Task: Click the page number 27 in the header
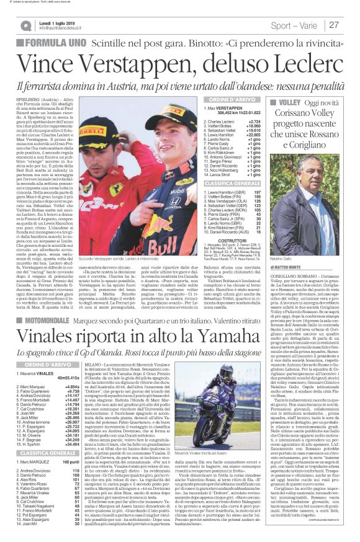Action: [335, 25]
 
